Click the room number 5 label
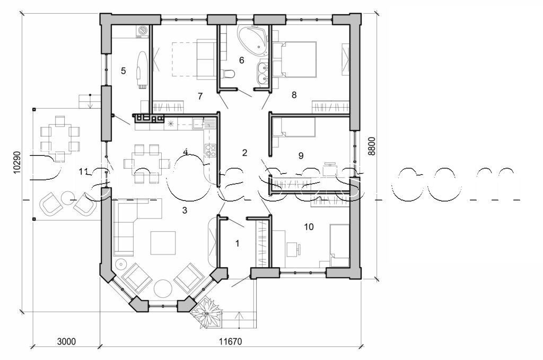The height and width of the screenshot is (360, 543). [123, 70]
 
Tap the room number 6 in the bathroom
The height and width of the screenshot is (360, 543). [241, 60]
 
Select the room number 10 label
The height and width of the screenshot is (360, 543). [309, 227]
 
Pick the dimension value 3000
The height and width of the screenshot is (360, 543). [66, 341]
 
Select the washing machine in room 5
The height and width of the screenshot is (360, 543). [142, 31]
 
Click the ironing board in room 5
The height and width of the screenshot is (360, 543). [142, 68]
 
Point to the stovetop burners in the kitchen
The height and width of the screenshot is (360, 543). [209, 150]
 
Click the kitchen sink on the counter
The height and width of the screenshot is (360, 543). [197, 124]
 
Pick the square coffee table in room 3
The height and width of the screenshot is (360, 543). [163, 243]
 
